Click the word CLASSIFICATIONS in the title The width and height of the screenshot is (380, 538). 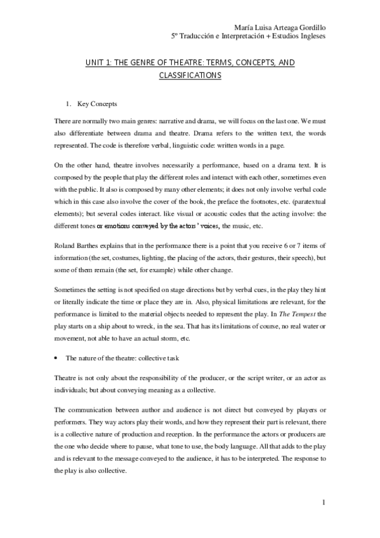pos(190,75)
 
